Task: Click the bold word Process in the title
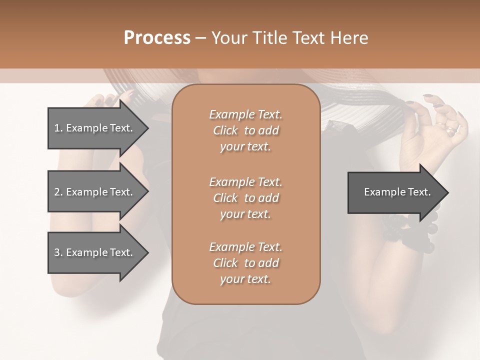pyautogui.click(x=157, y=37)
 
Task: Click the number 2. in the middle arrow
pyautogui.click(x=58, y=192)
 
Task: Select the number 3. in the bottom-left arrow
pyautogui.click(x=58, y=252)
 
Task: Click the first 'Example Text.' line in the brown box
pyautogui.click(x=245, y=114)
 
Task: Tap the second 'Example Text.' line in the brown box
pyautogui.click(x=245, y=182)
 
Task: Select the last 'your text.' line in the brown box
pyautogui.click(x=245, y=279)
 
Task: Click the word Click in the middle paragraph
pyautogui.click(x=225, y=198)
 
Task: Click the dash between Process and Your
pyautogui.click(x=200, y=38)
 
